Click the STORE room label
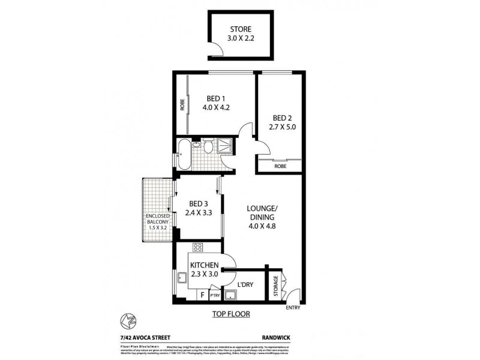[240, 29]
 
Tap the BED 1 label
[217, 99]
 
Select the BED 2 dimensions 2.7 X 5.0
[282, 128]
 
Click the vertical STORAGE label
[275, 284]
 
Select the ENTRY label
[293, 308]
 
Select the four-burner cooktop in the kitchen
[199, 247]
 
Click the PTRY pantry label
[214, 295]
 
